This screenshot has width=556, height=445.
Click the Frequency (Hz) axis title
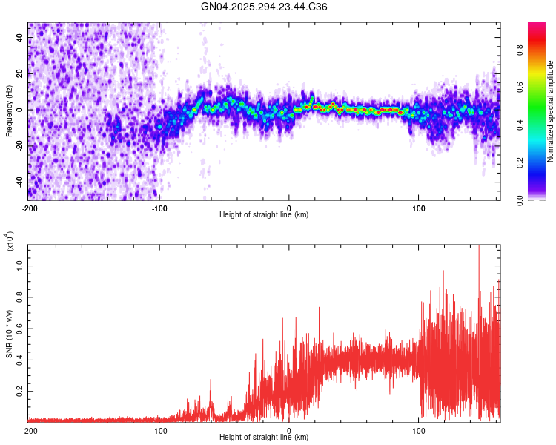pos(9,111)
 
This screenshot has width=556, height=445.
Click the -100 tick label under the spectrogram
pos(159,208)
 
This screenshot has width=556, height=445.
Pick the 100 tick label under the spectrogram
pos(419,208)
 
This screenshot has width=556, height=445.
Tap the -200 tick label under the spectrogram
pos(29,208)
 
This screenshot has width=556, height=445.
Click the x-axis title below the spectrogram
pos(264,215)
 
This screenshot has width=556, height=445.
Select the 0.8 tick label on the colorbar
pos(541,52)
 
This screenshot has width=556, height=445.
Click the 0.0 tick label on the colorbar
pos(541,199)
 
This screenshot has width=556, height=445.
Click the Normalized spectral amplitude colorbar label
pos(551,111)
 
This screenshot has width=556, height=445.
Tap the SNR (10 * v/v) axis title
pos(9,334)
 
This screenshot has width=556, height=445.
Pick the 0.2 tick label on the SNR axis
pos(19,390)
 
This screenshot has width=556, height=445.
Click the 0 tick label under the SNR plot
pos(289,430)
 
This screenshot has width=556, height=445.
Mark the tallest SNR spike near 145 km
pos(478,247)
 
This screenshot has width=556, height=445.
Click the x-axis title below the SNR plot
pos(264,438)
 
